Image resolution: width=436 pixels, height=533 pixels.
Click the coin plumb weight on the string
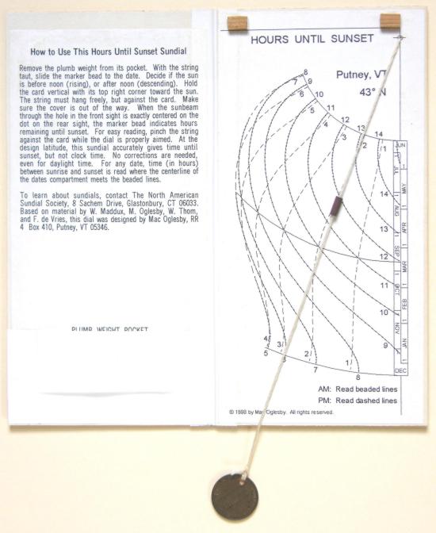235,495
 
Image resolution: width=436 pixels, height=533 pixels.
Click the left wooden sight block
236,22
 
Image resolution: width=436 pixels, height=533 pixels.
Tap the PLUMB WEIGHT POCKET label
109,328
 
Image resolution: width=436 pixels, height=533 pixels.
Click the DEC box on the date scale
400,370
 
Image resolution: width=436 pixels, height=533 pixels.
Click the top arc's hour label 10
319,95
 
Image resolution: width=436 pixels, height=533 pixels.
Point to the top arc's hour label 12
346,120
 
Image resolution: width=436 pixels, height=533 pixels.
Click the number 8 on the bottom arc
358,378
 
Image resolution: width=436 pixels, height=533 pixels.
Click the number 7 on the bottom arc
315,370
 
